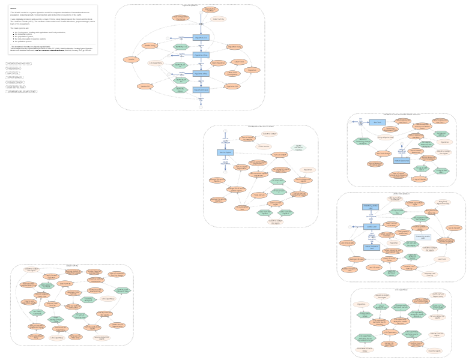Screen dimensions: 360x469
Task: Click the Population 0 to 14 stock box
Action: click(201, 38)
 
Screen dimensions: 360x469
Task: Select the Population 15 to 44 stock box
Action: click(201, 55)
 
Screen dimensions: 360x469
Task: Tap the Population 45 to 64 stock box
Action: click(201, 73)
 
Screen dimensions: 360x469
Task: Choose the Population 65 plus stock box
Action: click(201, 90)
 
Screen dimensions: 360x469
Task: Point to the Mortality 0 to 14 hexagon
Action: click(180, 46)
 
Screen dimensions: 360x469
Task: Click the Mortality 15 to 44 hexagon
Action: click(180, 64)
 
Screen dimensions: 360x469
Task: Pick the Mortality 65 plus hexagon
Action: click(180, 89)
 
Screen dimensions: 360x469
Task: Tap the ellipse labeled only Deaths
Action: click(131, 59)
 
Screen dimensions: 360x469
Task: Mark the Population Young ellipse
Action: click(235, 46)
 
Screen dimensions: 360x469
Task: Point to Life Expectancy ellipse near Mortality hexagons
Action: click(156, 63)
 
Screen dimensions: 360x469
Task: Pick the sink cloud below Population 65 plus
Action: click(201, 106)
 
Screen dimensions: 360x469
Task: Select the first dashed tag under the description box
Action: click(19, 63)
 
